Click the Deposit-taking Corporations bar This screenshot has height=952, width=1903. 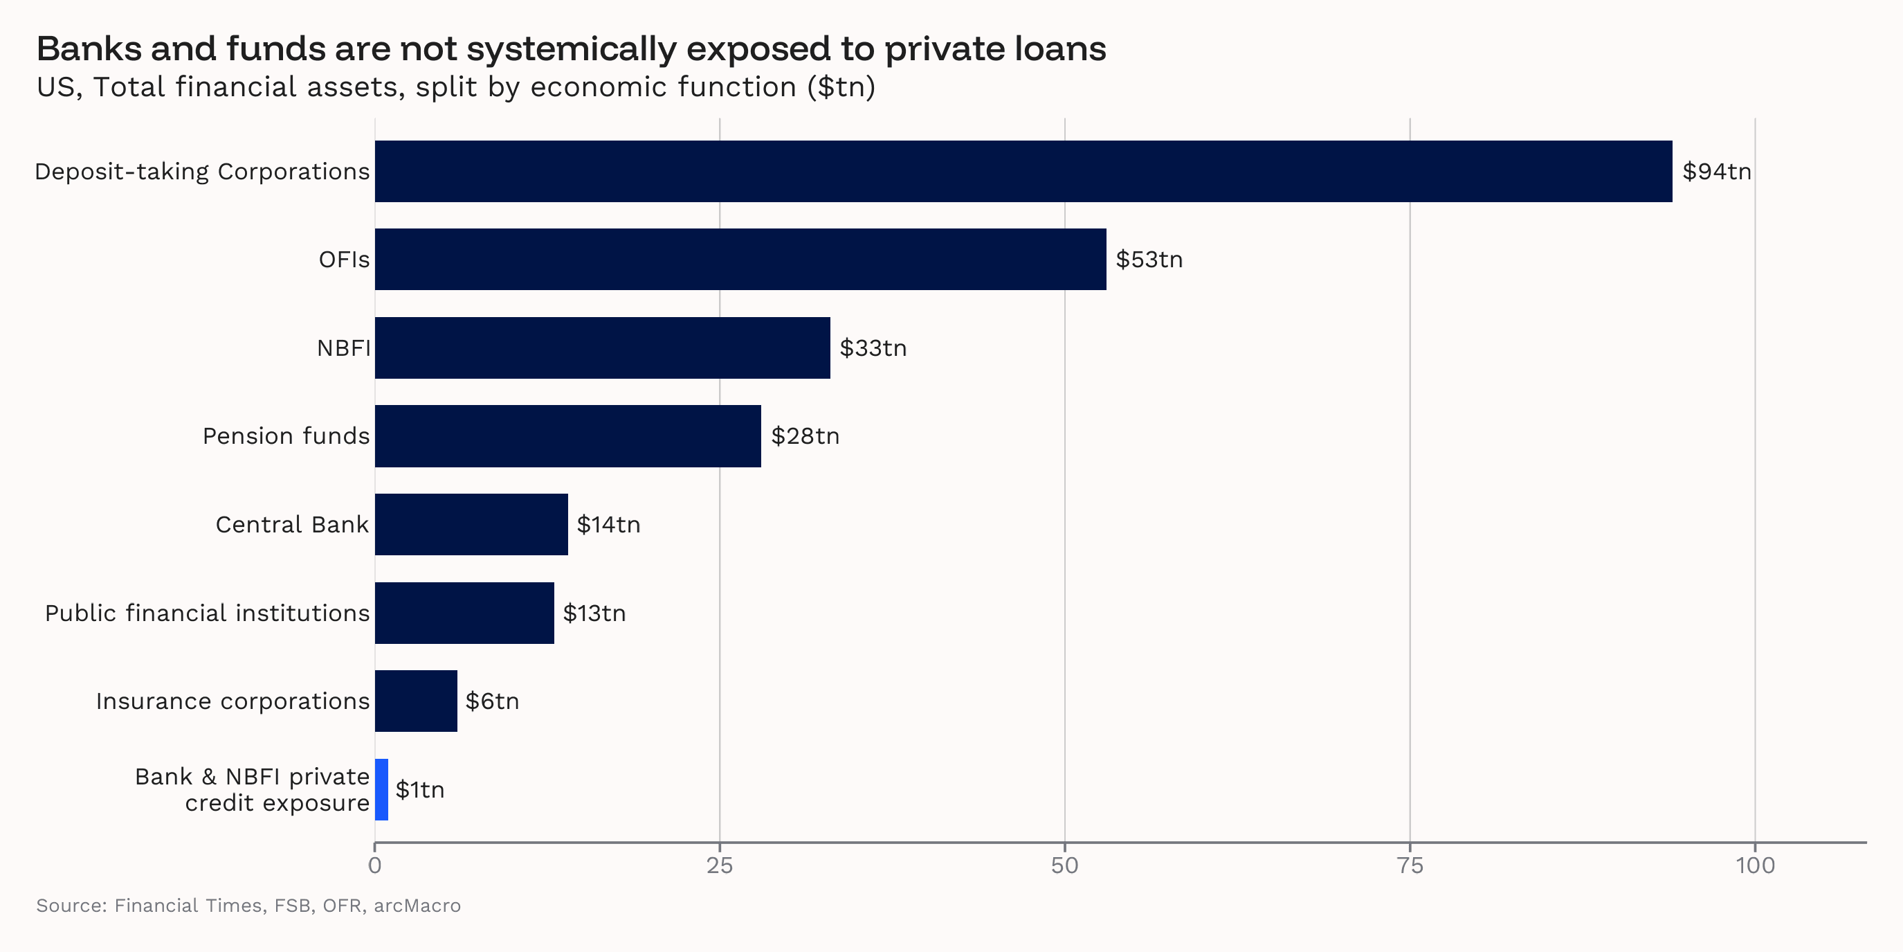(1023, 172)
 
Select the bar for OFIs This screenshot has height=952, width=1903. (740, 260)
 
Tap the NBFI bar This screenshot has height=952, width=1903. (602, 348)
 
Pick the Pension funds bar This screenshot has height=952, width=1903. (567, 436)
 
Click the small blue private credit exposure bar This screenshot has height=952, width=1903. (381, 789)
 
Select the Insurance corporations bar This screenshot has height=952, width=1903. (416, 701)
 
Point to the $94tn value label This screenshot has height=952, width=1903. (1716, 172)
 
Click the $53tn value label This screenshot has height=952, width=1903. (1149, 260)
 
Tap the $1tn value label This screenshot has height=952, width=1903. (419, 789)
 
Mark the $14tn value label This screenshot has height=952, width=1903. (608, 525)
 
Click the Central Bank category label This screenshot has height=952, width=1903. (292, 525)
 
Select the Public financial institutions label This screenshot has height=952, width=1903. (207, 613)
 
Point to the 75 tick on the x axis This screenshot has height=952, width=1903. (1410, 865)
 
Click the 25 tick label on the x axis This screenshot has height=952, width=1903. (720, 865)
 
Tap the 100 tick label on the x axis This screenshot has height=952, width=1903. (1754, 865)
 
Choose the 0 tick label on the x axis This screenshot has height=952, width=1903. (374, 865)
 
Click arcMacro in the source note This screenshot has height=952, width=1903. (417, 906)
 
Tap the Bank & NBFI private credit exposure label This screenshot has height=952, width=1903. (251, 789)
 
